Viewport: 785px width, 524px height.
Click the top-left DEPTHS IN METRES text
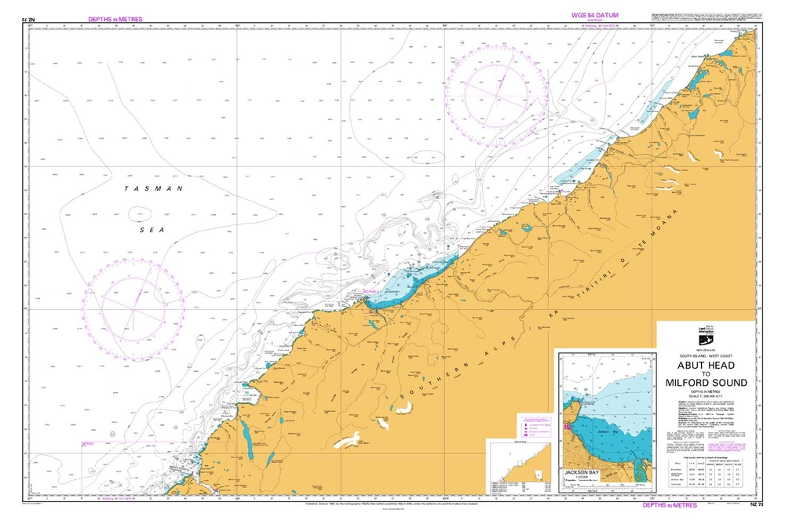point(115,18)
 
